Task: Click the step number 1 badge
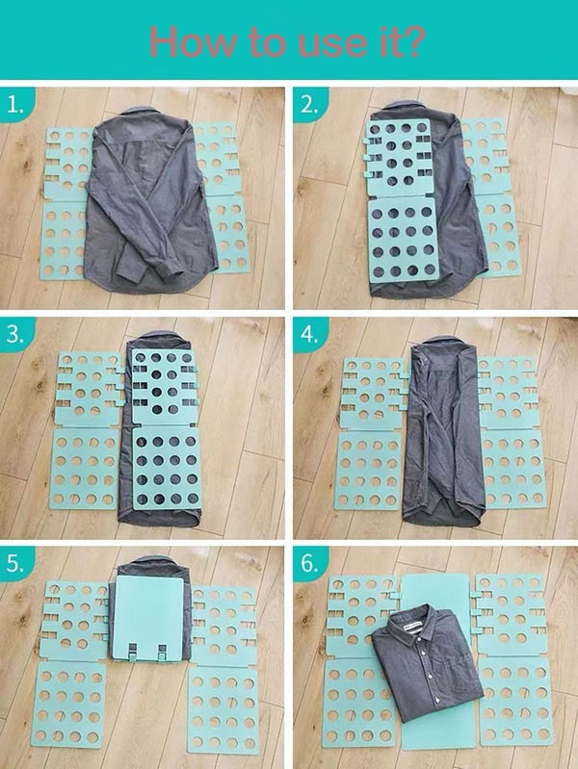pos(15,105)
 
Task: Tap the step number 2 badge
pos(309,105)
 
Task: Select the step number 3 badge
pos(15,334)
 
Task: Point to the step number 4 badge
pos(309,334)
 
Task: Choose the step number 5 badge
pos(15,564)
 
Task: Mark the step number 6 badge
pos(309,564)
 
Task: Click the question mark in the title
pos(411,41)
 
